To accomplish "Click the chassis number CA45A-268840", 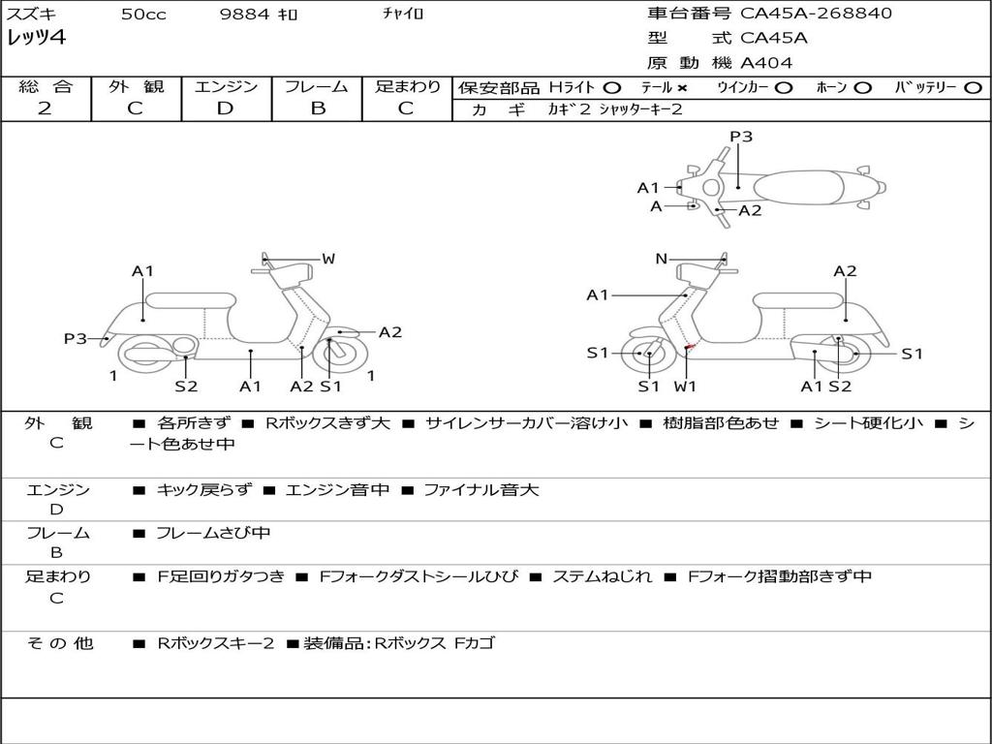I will [x=816, y=14].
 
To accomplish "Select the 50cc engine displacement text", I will [x=143, y=15].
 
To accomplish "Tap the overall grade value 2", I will [x=45, y=108].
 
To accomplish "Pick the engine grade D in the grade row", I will [x=225, y=108].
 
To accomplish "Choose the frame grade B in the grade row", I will [x=317, y=108].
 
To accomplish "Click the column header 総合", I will [x=45, y=87].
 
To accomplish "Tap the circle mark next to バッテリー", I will [x=974, y=87].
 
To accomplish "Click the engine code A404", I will [x=766, y=63].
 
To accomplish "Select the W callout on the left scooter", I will [x=328, y=259].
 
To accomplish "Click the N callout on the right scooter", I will [x=662, y=259].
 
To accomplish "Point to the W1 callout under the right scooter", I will [x=685, y=387].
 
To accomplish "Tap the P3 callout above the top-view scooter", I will [x=741, y=137].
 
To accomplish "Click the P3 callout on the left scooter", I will [x=76, y=339].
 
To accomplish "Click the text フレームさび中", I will [x=213, y=533].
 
